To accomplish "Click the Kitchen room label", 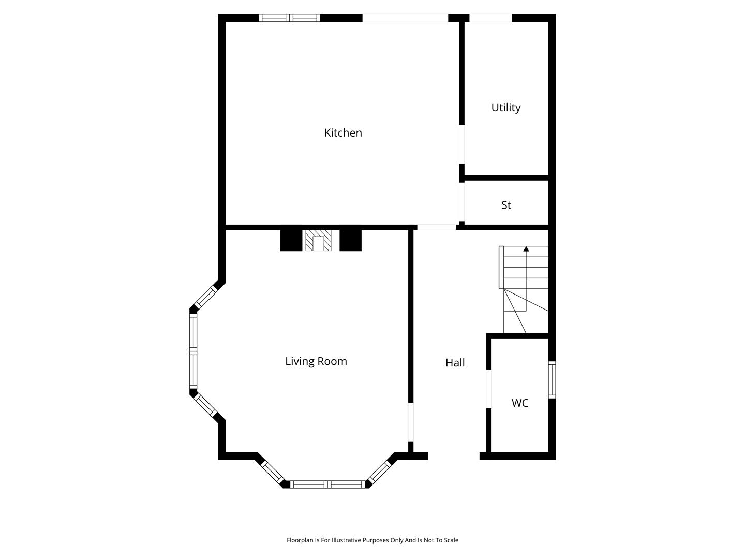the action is point(343,133).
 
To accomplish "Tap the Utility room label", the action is point(505,108).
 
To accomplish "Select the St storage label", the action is point(506,205).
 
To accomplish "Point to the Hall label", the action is point(455,363).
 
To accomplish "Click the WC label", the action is point(519,403).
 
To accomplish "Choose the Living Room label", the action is point(316,361).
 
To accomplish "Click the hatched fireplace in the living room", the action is point(318,240).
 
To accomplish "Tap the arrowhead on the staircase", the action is point(526,249).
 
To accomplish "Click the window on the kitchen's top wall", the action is point(289,18).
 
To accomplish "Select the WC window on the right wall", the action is point(552,380).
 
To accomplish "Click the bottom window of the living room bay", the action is point(327,484).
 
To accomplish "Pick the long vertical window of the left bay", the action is point(193,351).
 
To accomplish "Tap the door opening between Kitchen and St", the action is point(461,202).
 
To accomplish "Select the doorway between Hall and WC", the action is point(489,389).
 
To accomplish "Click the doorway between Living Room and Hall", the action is point(411,422).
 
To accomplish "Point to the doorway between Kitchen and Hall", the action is point(437,227).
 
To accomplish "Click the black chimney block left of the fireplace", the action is point(291,240).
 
